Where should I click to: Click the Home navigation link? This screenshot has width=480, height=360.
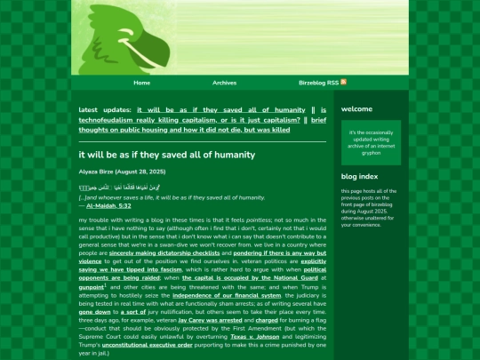coord(142,83)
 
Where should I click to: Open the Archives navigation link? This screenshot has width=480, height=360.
coord(225,83)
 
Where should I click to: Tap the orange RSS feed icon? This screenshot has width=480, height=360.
coord(319,82)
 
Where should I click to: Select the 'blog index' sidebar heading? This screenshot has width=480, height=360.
coord(359,177)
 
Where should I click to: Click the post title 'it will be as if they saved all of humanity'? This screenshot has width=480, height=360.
coord(166,155)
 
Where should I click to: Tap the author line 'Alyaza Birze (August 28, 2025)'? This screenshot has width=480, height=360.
coord(122,171)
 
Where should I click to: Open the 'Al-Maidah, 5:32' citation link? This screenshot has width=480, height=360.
coord(108,205)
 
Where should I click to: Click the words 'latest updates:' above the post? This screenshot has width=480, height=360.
coord(105,109)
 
